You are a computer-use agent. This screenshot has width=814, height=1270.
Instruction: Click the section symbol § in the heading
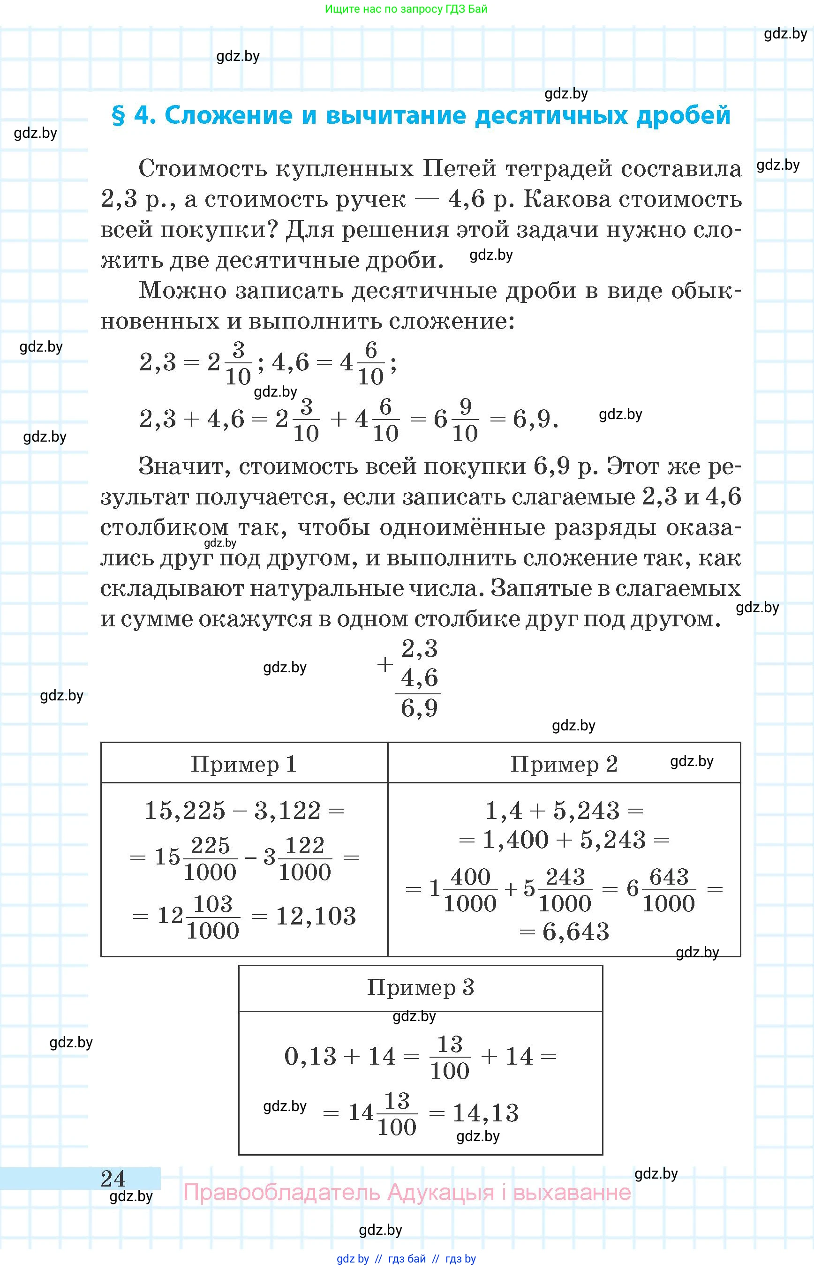pos(119,116)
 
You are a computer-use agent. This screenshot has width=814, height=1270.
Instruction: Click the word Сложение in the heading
pos(228,116)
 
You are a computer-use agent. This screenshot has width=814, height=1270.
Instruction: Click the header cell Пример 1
pos(244,764)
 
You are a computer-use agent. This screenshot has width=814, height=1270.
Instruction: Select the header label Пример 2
pos(564,764)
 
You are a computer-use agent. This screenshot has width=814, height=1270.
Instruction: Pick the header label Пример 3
pos(420,987)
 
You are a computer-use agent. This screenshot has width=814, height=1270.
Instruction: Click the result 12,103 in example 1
pos(316,917)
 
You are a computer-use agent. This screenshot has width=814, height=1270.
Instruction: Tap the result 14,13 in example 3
pos(485,1113)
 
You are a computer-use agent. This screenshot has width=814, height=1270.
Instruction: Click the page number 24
pos(113,1179)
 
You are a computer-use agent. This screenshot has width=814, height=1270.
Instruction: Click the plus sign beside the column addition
pos(385,664)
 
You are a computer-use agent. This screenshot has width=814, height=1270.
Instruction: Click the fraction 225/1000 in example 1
pos(210,859)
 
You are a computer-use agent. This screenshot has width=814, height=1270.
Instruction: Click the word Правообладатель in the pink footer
pos(281,1192)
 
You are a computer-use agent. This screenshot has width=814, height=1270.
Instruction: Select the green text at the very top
pos(406,9)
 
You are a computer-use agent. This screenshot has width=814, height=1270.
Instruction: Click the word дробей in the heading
pos(683,116)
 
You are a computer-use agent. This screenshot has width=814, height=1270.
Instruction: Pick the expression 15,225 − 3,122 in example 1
pos(233,811)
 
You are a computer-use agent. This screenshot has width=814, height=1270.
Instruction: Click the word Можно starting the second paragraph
pos(182,291)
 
